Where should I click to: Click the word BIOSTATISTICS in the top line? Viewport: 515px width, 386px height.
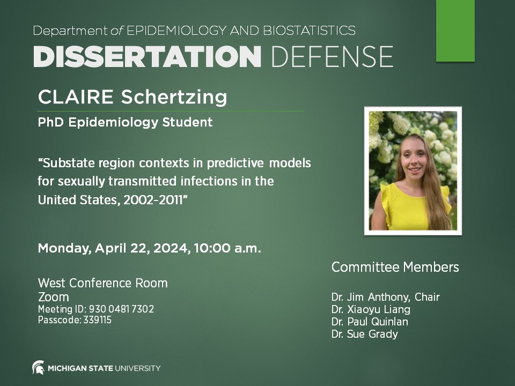click(308, 31)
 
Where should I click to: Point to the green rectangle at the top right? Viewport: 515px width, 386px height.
click(455, 30)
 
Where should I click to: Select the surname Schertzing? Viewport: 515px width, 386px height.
click(174, 98)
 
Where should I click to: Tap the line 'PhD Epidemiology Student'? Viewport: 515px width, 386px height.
click(125, 123)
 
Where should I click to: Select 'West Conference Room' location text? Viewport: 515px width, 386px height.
click(102, 283)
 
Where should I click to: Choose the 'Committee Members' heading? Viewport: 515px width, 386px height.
click(395, 267)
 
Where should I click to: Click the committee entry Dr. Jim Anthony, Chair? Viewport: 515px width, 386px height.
click(385, 297)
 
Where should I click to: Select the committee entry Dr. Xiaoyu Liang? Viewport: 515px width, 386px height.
click(371, 309)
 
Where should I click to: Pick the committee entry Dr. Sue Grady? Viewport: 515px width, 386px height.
click(364, 334)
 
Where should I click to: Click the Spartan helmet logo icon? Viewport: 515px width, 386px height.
click(38, 368)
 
